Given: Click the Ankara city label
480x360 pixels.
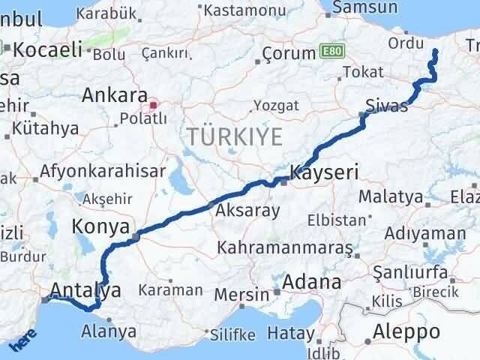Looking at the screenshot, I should pos(114,95).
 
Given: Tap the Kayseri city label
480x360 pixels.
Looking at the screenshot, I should pos(324,172).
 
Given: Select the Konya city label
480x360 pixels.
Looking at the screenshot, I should pos(102,226).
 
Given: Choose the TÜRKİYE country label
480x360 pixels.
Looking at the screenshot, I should pos(235,136).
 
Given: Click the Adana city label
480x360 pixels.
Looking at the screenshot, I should pos(311,283).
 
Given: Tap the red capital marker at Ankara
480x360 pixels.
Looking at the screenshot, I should pos(153,106).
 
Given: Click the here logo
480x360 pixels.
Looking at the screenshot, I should pos(23,343).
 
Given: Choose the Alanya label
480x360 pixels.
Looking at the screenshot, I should pos(108,331).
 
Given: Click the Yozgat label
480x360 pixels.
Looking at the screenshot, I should pos(275,105).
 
